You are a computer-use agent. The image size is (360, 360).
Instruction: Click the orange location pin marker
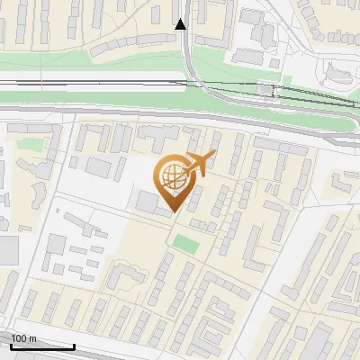pyautogui.click(x=173, y=181)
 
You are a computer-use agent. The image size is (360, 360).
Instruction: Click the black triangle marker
pyautogui.click(x=181, y=24)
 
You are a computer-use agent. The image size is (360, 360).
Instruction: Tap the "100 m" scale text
pyautogui.click(x=24, y=338)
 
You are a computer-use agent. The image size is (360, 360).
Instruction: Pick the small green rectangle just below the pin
pyautogui.click(x=185, y=243)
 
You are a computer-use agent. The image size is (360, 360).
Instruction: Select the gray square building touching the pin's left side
pyautogui.click(x=147, y=201)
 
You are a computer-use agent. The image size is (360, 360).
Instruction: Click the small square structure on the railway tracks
pyautogui.click(x=265, y=90)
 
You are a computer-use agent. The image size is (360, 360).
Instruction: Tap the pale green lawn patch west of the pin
pyautogui.click(x=29, y=143)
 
